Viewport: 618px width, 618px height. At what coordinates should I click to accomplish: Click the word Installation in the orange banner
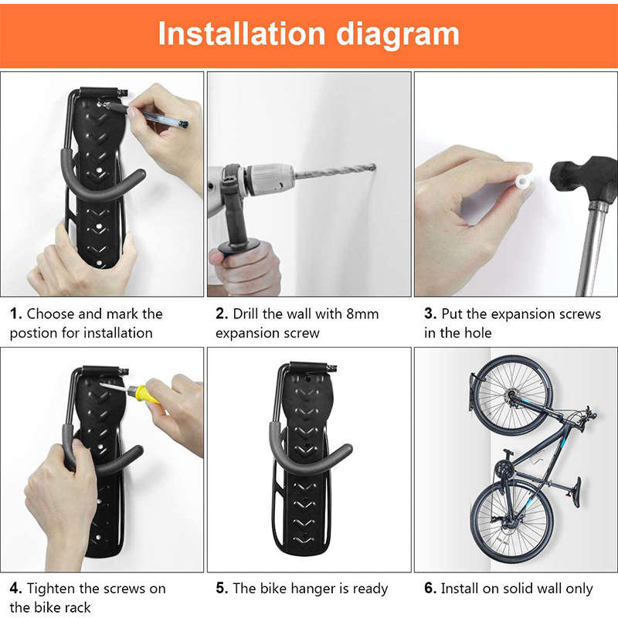click(242, 34)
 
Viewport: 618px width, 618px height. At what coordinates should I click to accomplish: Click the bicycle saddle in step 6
click(575, 491)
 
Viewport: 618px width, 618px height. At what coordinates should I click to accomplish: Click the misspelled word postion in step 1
click(34, 334)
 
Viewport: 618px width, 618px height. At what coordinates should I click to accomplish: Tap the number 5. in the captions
click(221, 589)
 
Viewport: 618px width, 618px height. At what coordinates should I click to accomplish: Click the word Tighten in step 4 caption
click(53, 589)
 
